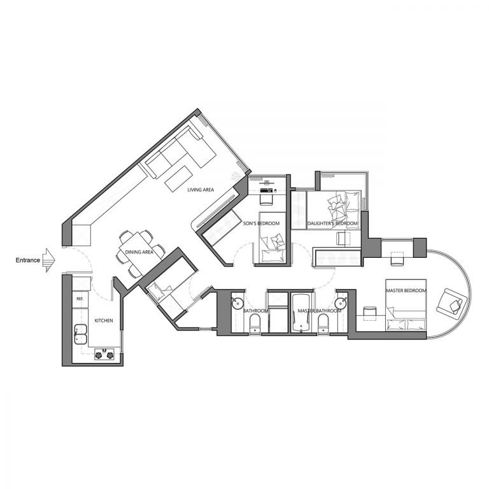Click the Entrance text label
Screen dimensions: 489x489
click(28, 260)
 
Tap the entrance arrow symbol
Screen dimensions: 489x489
click(50, 260)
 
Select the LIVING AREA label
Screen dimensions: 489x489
click(201, 190)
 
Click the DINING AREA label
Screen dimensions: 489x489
click(139, 252)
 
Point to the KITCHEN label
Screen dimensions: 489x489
click(104, 321)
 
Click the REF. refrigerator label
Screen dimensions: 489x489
click(80, 299)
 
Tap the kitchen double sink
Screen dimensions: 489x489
click(80, 334)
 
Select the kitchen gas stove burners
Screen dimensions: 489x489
click(104, 355)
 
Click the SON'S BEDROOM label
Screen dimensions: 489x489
click(261, 223)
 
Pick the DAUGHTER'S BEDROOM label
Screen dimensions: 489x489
click(332, 223)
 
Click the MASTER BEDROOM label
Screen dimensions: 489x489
click(406, 290)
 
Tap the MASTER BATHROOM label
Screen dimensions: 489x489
click(320, 311)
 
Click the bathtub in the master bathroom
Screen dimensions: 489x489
click(301, 313)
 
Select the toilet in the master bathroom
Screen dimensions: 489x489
click(323, 324)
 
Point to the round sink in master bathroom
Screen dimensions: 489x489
click(341, 303)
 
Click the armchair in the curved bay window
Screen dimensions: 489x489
click(451, 302)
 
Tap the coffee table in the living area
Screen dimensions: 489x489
click(178, 179)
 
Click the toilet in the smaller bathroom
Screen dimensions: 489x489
click(255, 324)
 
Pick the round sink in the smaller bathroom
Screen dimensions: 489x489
click(238, 303)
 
